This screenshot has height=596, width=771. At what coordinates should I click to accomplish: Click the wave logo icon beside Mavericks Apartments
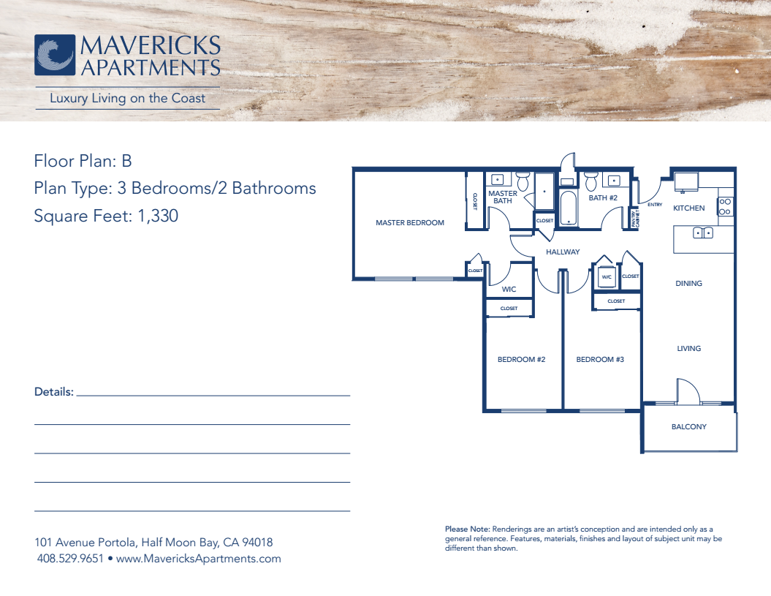pyautogui.click(x=55, y=55)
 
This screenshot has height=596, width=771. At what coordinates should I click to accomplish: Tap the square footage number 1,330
pyautogui.click(x=158, y=216)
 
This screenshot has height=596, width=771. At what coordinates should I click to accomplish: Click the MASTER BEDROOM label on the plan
pyautogui.click(x=409, y=223)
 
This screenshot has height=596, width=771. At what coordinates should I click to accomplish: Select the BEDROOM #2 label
pyautogui.click(x=521, y=360)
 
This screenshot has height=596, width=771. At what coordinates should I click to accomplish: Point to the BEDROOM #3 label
pyautogui.click(x=600, y=360)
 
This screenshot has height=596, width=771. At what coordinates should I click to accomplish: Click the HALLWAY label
pyautogui.click(x=563, y=252)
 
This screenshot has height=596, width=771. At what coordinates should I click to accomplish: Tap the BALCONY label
pyautogui.click(x=689, y=426)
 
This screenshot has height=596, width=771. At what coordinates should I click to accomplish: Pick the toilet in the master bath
pyautogui.click(x=523, y=181)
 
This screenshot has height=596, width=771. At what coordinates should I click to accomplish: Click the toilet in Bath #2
pyautogui.click(x=590, y=181)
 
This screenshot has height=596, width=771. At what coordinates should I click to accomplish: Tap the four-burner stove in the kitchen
pyautogui.click(x=725, y=206)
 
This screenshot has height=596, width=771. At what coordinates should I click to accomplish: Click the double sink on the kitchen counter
pyautogui.click(x=702, y=233)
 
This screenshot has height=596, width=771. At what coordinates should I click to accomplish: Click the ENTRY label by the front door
pyautogui.click(x=655, y=205)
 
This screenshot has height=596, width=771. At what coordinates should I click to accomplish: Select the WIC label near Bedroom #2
pyautogui.click(x=509, y=290)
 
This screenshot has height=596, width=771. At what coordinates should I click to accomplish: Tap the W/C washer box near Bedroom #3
pyautogui.click(x=607, y=276)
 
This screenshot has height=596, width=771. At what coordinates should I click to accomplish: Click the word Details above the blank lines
pyautogui.click(x=54, y=392)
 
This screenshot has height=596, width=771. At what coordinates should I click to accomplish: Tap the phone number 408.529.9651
pyautogui.click(x=70, y=559)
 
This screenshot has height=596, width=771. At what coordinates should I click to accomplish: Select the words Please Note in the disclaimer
pyautogui.click(x=468, y=529)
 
